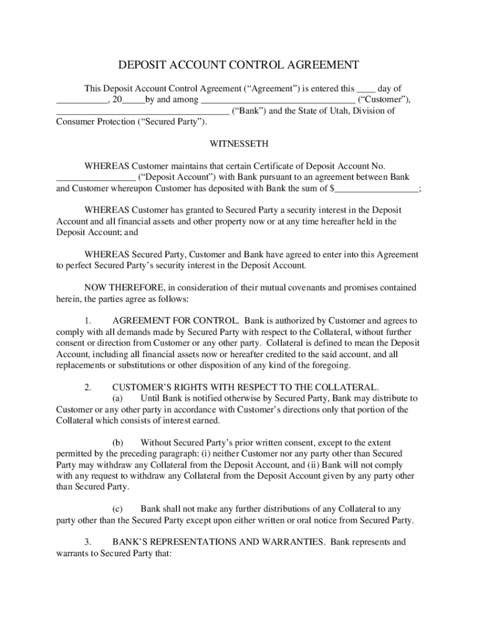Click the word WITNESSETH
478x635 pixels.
click(x=239, y=144)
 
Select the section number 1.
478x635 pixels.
click(x=88, y=321)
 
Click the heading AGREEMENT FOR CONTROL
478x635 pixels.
click(x=176, y=321)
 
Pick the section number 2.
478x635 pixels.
click(x=88, y=388)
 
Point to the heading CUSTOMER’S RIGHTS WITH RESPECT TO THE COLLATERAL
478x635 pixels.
click(x=246, y=388)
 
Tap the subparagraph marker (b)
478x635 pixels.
click(x=118, y=443)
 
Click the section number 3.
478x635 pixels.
click(x=88, y=542)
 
